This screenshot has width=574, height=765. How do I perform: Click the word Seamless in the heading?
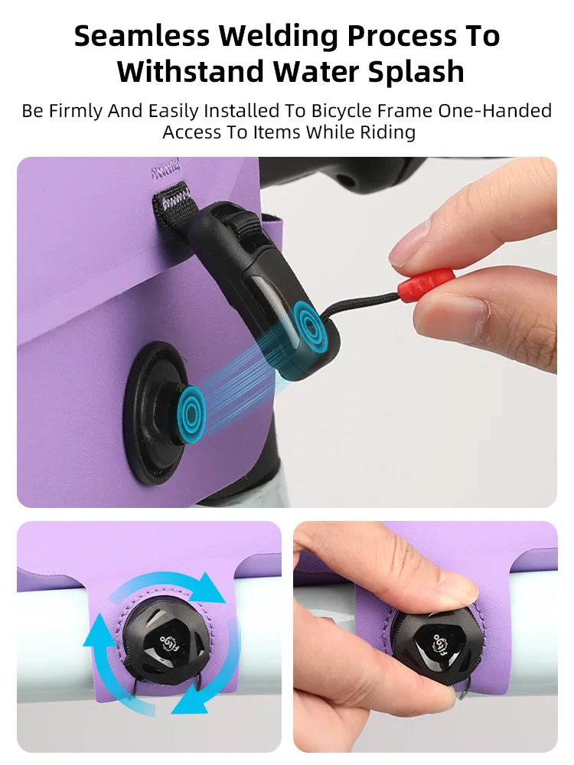[142, 36]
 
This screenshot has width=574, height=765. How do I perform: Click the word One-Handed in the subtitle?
[494, 111]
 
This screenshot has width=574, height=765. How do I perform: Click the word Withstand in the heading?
[191, 72]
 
